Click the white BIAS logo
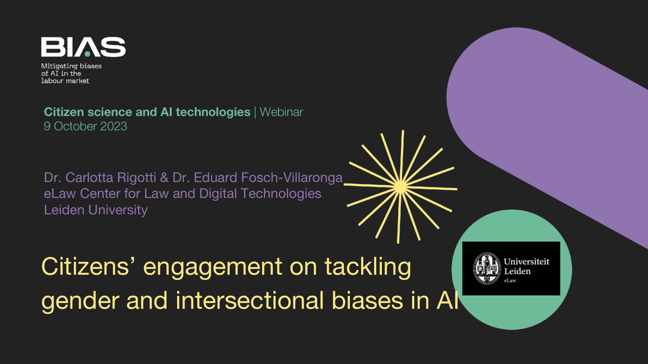(83, 47)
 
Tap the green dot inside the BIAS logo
(87, 54)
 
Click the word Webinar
(282, 112)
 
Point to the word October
(75, 126)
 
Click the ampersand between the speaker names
(164, 177)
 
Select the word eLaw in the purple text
(60, 194)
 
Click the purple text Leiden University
(96, 210)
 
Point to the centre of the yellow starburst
(400, 187)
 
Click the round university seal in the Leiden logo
(487, 268)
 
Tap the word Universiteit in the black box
(527, 261)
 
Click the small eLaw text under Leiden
(510, 280)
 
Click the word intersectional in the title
(249, 301)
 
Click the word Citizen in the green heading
(64, 112)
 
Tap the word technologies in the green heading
(213, 113)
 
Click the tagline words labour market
(65, 81)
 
